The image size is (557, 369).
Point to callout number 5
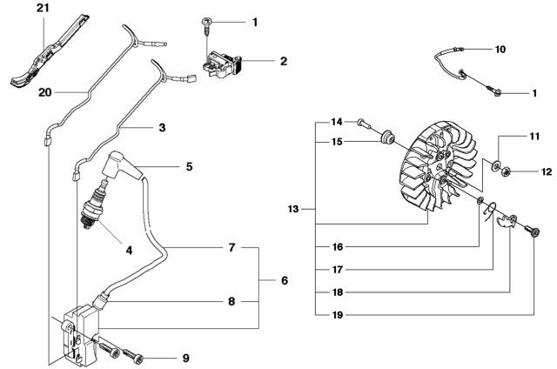pyautogui.click(x=189, y=165)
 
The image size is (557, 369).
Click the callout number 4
pyautogui.click(x=129, y=251)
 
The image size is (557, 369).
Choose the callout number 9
pyautogui.click(x=185, y=358)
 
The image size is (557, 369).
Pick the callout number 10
pyautogui.click(x=500, y=50)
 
